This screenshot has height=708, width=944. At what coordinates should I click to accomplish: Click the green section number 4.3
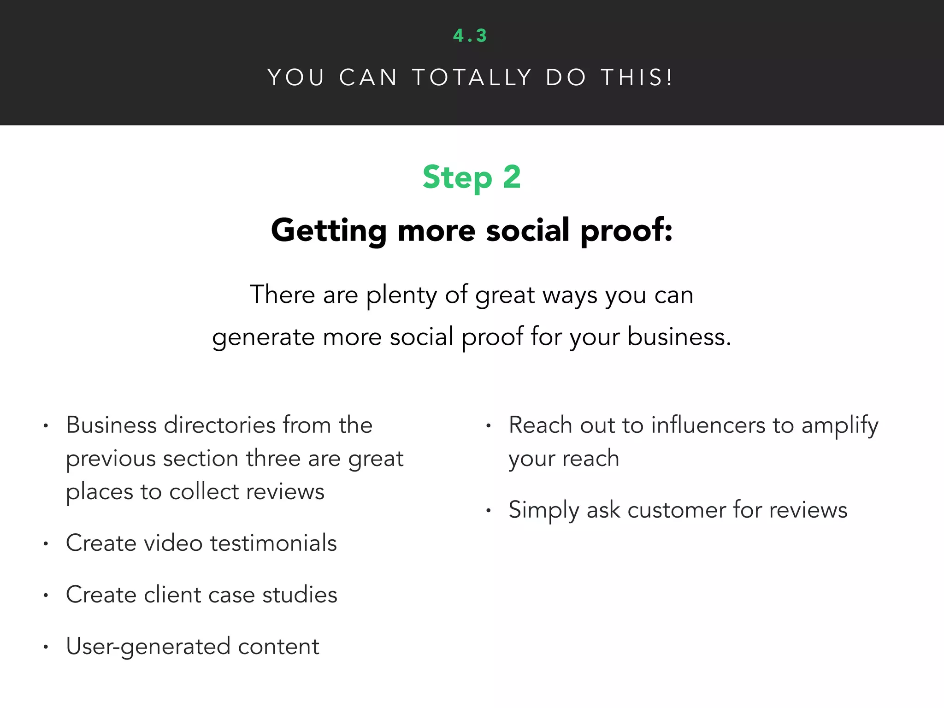coord(470,36)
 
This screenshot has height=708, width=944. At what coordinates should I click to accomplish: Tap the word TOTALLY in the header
coord(472,77)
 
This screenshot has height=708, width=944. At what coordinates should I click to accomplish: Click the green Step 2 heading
coord(472,177)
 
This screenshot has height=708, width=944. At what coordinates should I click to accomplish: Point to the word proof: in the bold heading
coord(626,230)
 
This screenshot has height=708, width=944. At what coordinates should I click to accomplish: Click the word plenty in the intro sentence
coord(401,295)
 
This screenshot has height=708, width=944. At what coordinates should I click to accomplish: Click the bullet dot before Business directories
coord(46,426)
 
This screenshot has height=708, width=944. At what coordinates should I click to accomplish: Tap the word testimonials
coord(273,543)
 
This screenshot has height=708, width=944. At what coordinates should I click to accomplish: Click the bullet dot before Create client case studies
coord(46,596)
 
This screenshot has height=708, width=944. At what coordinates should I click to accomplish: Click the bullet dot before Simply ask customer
coord(488,511)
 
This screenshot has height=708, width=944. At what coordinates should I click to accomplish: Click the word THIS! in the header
coord(637,77)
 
